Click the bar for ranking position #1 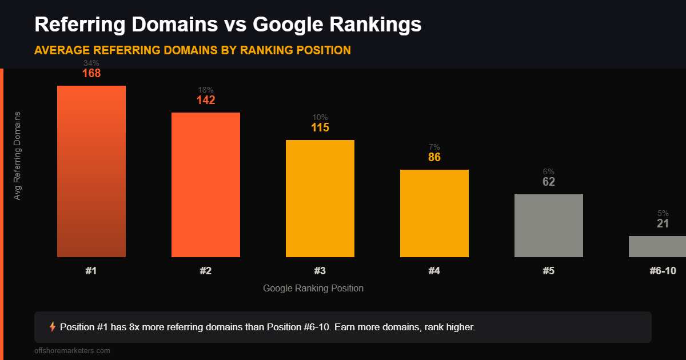(x=91, y=171)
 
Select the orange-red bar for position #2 (x=206, y=185)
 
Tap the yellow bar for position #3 (x=320, y=198)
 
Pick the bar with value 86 (x=434, y=213)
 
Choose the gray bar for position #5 (x=549, y=226)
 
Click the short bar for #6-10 (x=657, y=246)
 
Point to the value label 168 (x=91, y=74)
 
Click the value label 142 (x=206, y=101)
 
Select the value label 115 (x=320, y=128)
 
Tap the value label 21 (x=663, y=223)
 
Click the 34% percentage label (x=91, y=63)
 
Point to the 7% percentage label (x=434, y=147)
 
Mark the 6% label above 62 (x=549, y=171)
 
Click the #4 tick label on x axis (x=434, y=271)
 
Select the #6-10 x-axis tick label (x=663, y=271)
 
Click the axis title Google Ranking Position (x=313, y=288)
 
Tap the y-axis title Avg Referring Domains (x=17, y=155)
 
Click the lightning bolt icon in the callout (x=53, y=327)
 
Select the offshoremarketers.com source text (x=72, y=351)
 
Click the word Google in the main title (x=290, y=25)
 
